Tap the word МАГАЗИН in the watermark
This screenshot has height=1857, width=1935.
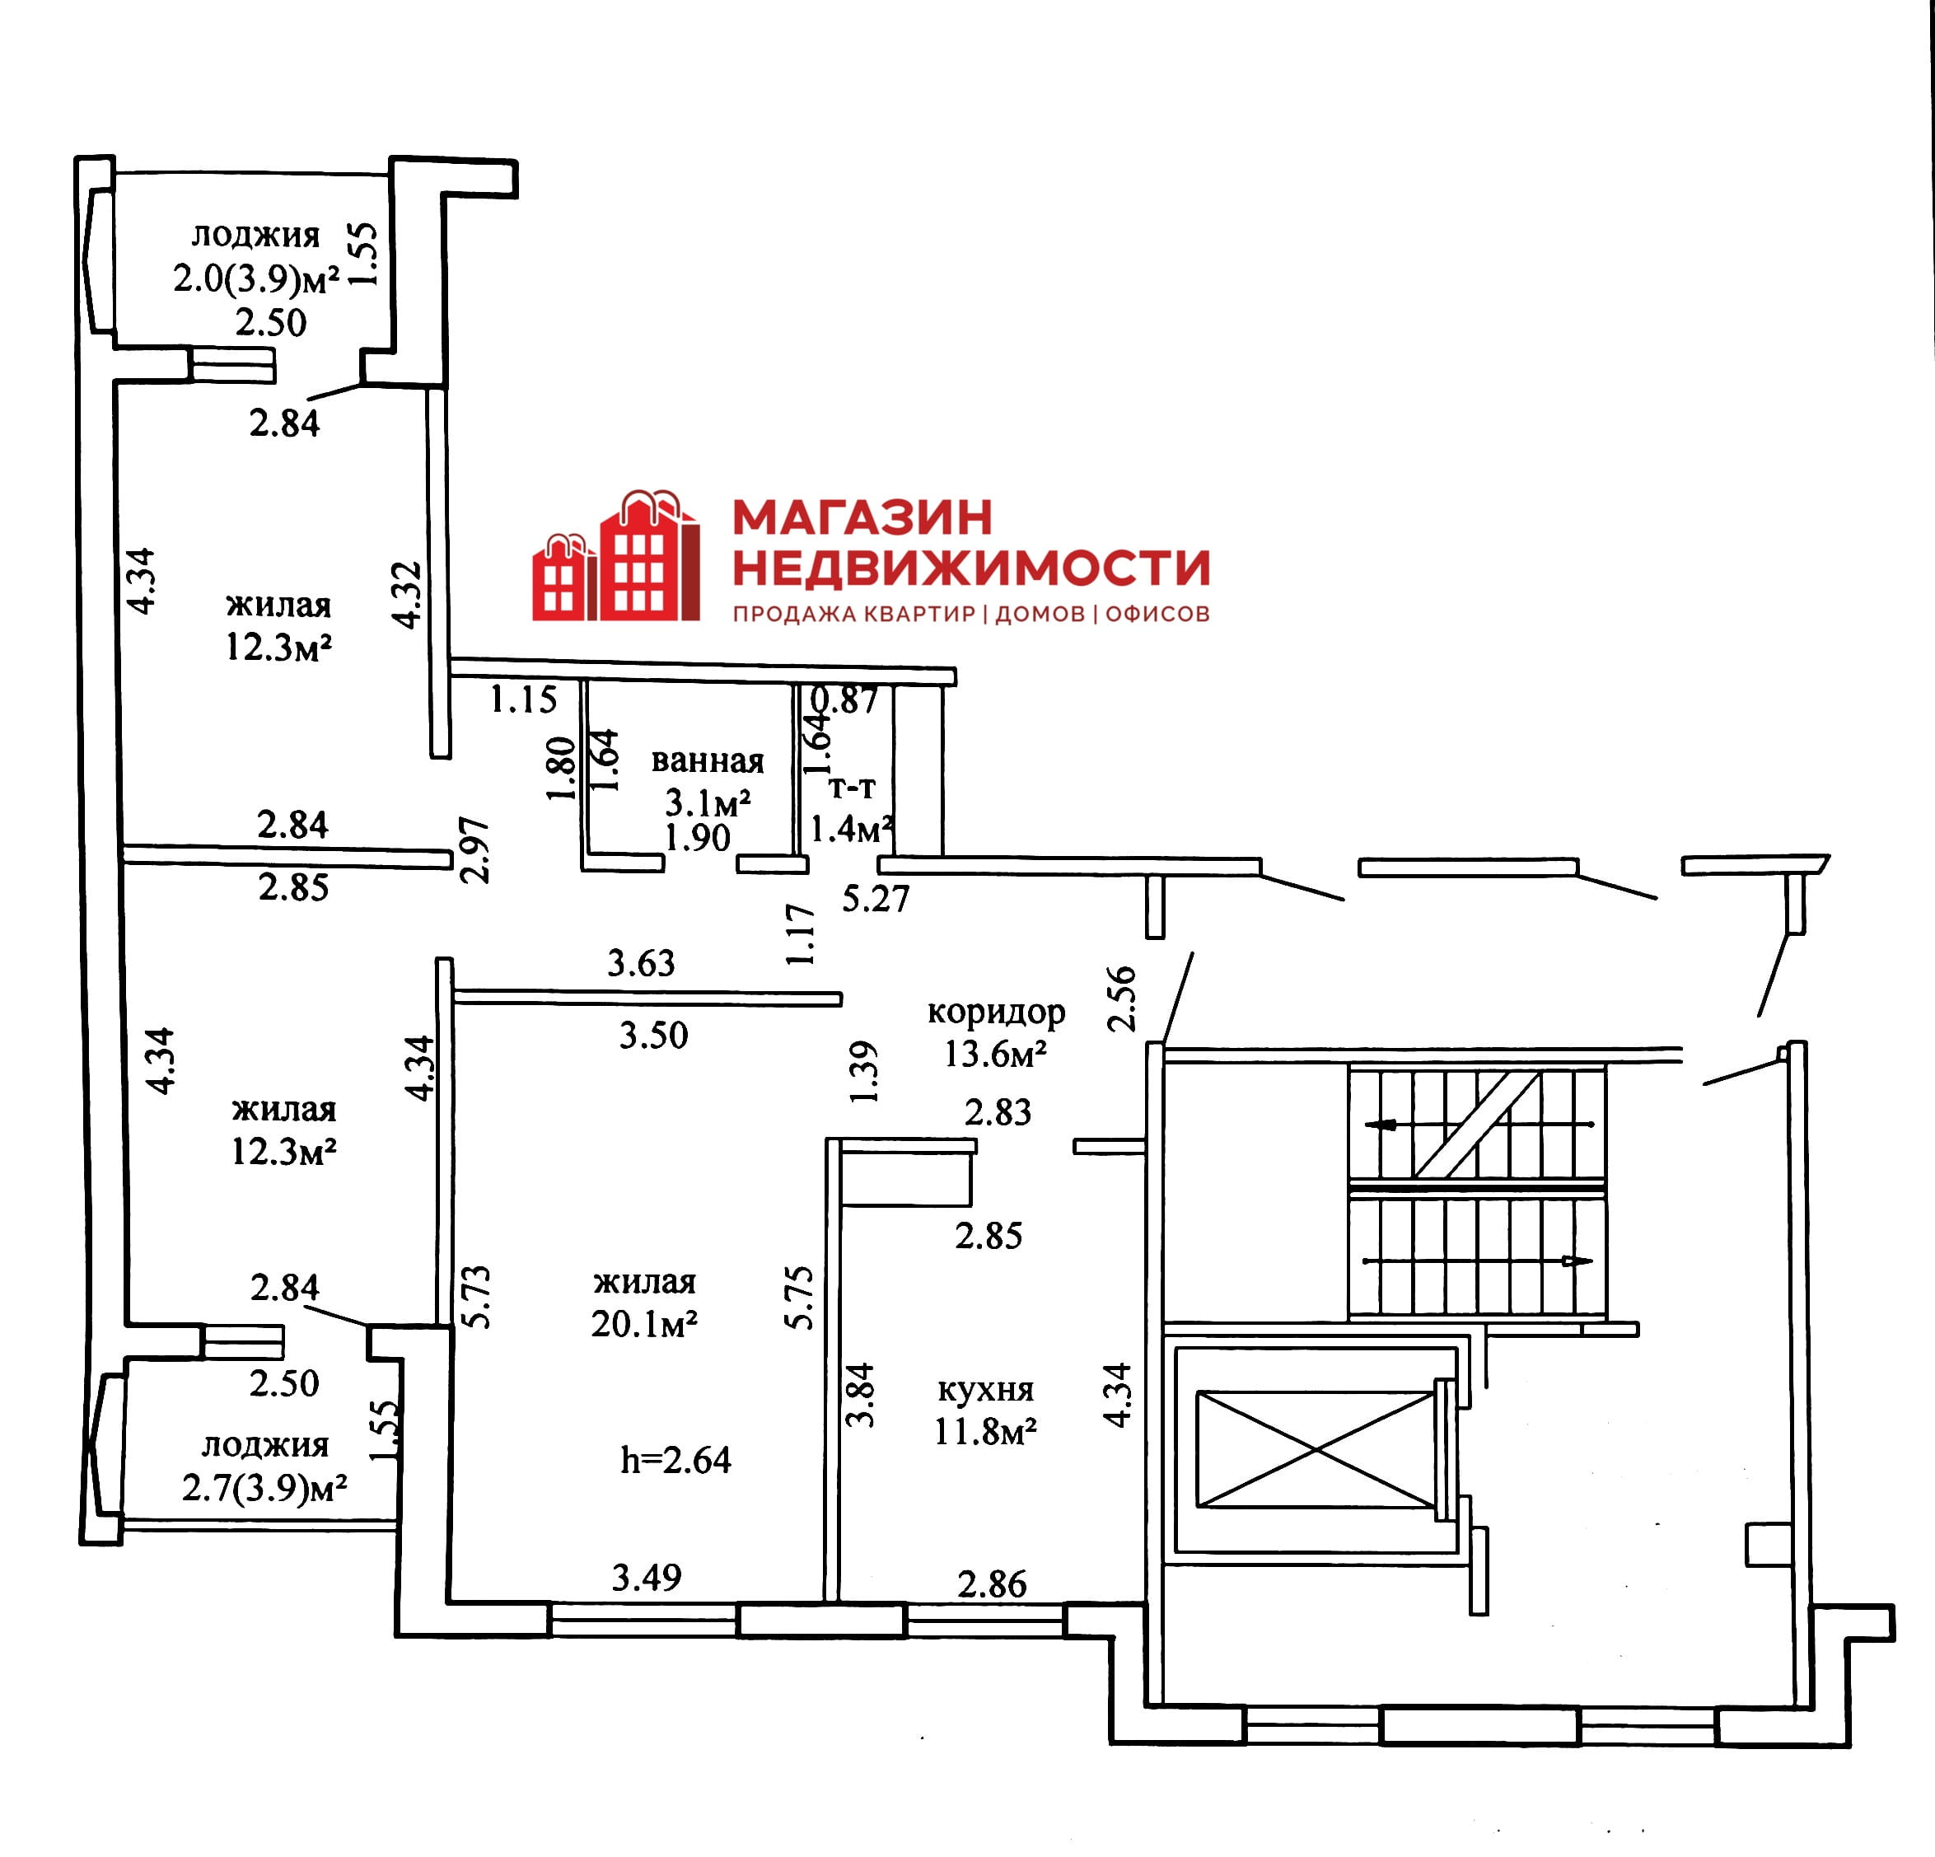(862, 517)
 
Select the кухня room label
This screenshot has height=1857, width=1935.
(985, 1389)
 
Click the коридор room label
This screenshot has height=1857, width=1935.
(996, 1012)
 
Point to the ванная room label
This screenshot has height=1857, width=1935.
(708, 760)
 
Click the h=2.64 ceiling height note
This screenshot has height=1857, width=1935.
(675, 1460)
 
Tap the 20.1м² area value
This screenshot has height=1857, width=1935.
(645, 1324)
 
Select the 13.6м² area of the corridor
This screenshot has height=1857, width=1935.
(995, 1055)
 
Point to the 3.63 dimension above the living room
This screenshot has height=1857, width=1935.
(641, 962)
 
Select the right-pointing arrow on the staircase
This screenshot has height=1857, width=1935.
(1577, 1261)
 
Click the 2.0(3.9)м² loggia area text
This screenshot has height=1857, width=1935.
(257, 279)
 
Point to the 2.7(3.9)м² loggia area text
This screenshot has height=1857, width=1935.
(264, 1488)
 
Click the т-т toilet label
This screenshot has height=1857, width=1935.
(852, 788)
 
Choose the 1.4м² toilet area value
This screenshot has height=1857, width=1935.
(852, 828)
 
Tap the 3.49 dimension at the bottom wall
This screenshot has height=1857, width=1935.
(647, 1578)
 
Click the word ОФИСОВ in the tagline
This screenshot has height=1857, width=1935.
(1157, 614)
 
